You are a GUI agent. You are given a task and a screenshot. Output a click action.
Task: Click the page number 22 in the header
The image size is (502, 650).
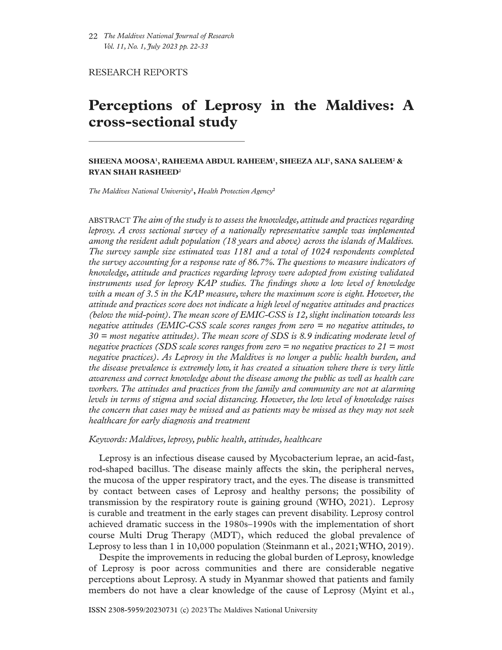click(x=93, y=36)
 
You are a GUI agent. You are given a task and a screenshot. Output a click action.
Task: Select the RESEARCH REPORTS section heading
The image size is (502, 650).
click(x=138, y=72)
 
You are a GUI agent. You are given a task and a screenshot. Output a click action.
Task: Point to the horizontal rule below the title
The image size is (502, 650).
click(x=167, y=141)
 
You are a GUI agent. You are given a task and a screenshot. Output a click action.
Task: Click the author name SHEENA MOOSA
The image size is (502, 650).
click(x=122, y=162)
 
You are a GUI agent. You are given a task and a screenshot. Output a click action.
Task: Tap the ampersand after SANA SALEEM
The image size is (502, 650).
click(x=400, y=162)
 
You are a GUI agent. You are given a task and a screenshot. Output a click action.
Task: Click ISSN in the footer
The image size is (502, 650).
click(x=98, y=610)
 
